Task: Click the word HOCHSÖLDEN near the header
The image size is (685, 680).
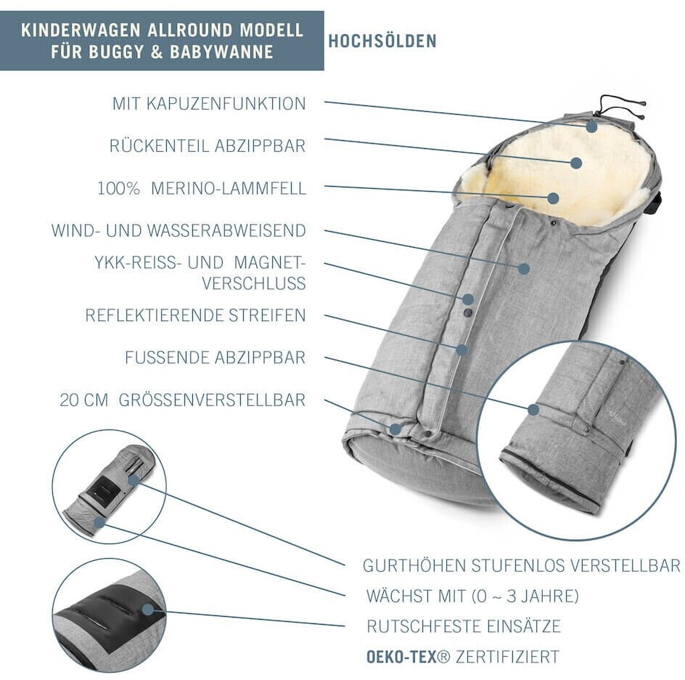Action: pyautogui.click(x=382, y=41)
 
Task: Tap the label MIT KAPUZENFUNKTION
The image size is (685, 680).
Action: pyautogui.click(x=209, y=104)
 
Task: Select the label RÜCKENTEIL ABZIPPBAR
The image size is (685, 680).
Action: pyautogui.click(x=208, y=146)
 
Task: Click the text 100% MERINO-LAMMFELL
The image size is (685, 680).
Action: pyautogui.click(x=202, y=189)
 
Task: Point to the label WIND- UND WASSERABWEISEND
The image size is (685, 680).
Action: pyautogui.click(x=179, y=231)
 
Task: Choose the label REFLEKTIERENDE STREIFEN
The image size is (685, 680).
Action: pyautogui.click(x=196, y=316)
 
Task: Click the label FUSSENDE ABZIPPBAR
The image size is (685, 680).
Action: pyautogui.click(x=216, y=358)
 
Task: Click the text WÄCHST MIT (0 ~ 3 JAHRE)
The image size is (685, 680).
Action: pyautogui.click(x=472, y=597)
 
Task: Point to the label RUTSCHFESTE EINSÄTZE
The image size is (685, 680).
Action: pyautogui.click(x=464, y=626)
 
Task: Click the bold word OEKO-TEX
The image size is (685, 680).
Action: pyautogui.click(x=401, y=657)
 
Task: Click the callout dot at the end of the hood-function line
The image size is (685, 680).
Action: pyautogui.click(x=592, y=126)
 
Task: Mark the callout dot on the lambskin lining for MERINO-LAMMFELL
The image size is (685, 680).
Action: pyautogui.click(x=553, y=198)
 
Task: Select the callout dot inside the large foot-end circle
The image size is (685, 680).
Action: pyautogui.click(x=533, y=410)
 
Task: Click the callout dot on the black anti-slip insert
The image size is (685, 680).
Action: pyautogui.click(x=149, y=610)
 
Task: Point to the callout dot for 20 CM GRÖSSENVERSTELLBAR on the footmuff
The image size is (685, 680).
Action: pyautogui.click(x=395, y=429)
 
